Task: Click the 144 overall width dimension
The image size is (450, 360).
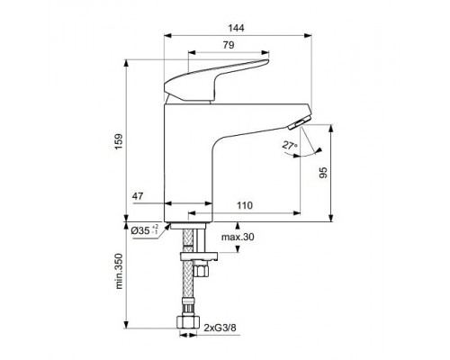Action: coord(236,28)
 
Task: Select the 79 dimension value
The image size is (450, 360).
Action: coord(229,46)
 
